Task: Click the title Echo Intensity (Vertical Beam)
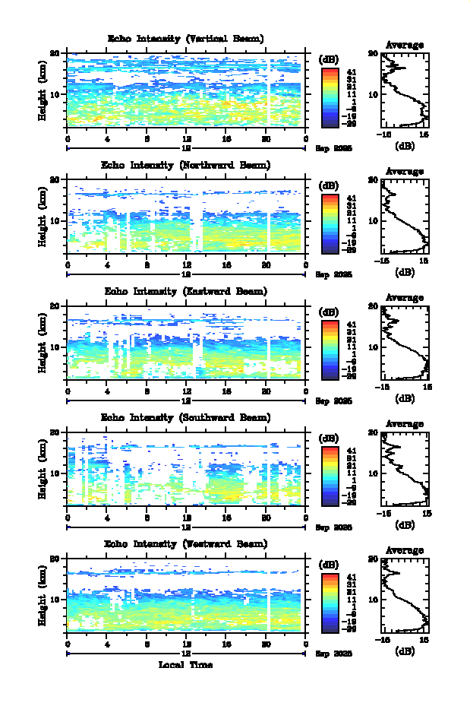(186, 39)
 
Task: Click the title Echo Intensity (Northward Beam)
(186, 165)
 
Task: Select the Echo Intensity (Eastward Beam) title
(186, 291)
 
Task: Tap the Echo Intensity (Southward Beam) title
(186, 417)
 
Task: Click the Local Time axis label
(185, 665)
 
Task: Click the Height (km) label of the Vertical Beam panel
(44, 93)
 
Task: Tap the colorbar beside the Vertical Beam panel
(329, 96)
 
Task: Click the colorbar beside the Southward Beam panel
(329, 474)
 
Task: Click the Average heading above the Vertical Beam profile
(405, 45)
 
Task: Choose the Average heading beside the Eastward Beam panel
(405, 297)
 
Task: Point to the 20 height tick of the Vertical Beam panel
(55, 53)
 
